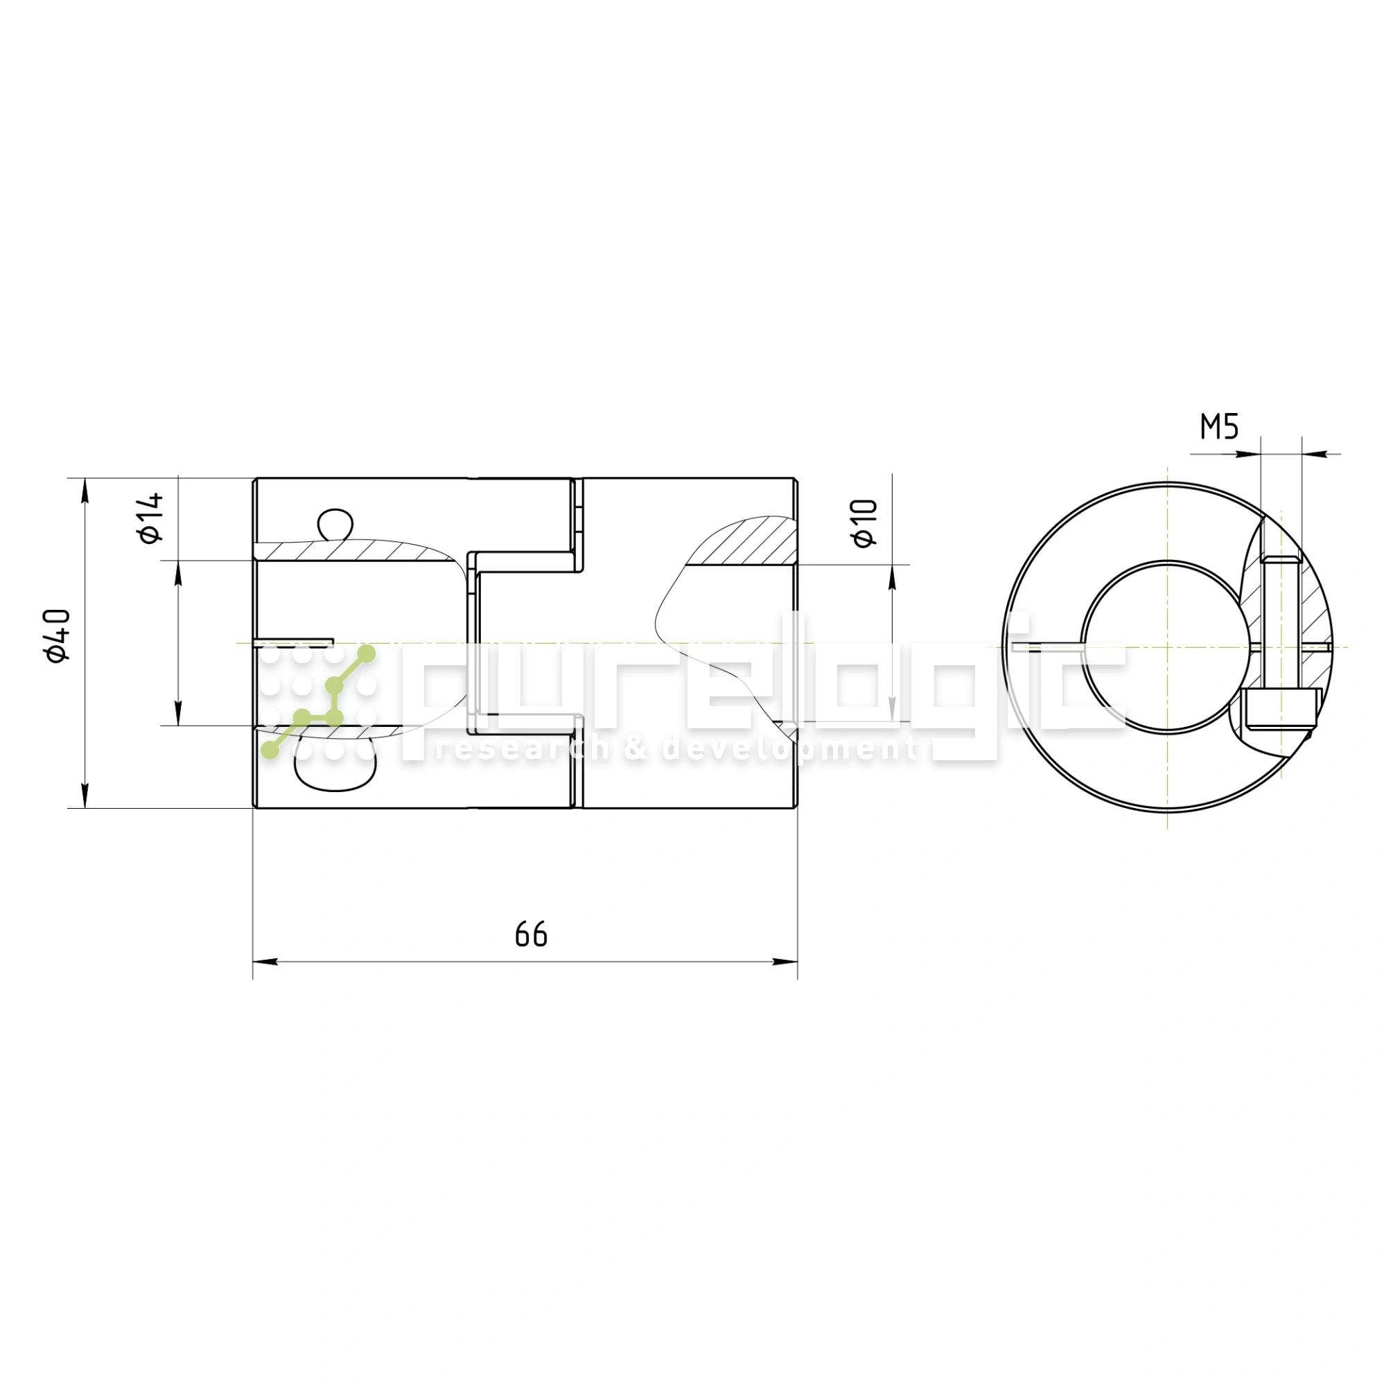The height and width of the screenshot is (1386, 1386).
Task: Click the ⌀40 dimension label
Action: pyautogui.click(x=58, y=635)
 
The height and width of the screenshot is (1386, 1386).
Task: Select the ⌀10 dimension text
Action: pyautogui.click(x=866, y=523)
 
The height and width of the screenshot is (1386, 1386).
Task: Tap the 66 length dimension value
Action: pyautogui.click(x=531, y=935)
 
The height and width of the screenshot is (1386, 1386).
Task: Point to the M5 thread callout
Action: pyautogui.click(x=1220, y=427)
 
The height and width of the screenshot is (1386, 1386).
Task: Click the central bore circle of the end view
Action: pyautogui.click(x=1167, y=647)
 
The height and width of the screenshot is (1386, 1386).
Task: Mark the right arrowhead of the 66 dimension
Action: pyautogui.click(x=785, y=962)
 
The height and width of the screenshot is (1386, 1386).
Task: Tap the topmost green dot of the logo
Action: pyautogui.click(x=367, y=653)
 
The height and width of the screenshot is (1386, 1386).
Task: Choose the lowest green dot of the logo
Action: pyautogui.click(x=270, y=751)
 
